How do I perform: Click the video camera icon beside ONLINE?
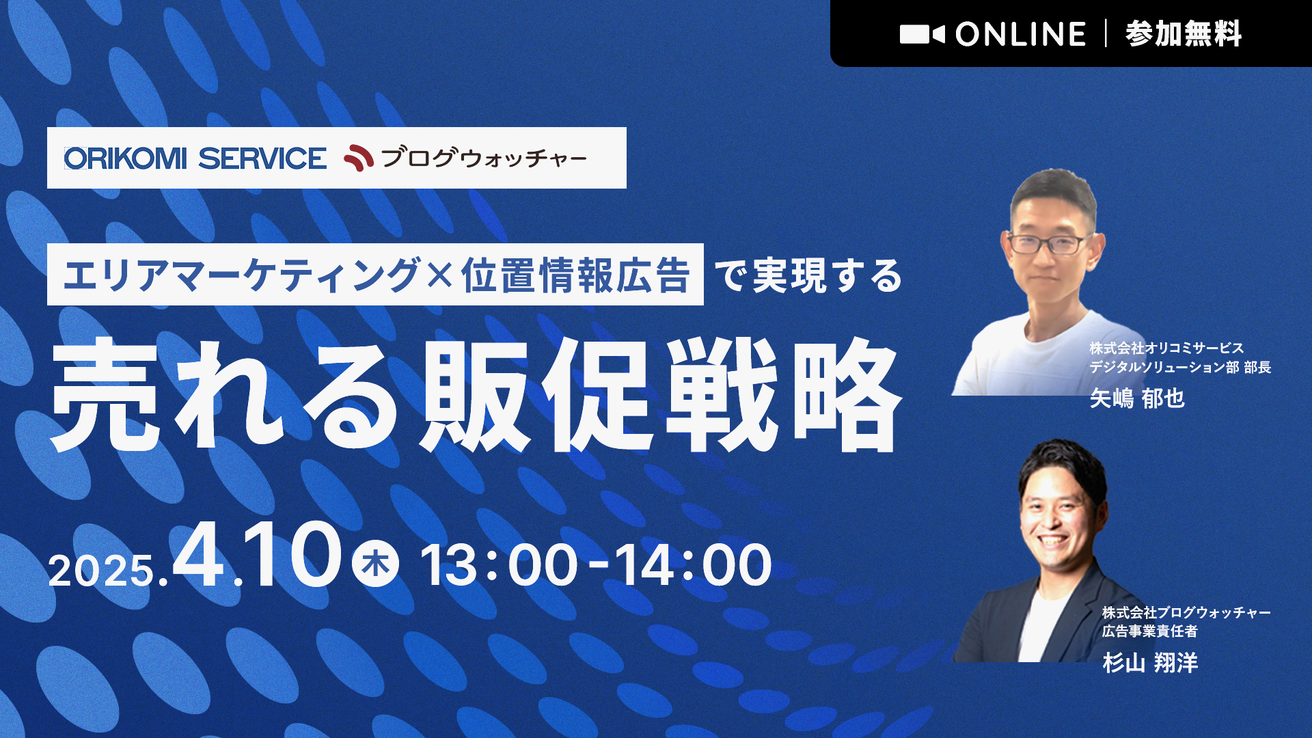pyautogui.click(x=922, y=34)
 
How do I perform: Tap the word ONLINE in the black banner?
pyautogui.click(x=1020, y=34)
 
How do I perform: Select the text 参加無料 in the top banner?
pyautogui.click(x=1183, y=34)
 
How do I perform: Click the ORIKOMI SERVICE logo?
pyautogui.click(x=195, y=159)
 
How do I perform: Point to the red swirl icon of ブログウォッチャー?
pyautogui.click(x=358, y=159)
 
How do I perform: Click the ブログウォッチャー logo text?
pyautogui.click(x=484, y=159)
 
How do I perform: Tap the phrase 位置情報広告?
pyautogui.click(x=575, y=275)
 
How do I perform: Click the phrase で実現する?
pyautogui.click(x=808, y=275)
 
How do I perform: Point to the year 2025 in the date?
pyautogui.click(x=101, y=571)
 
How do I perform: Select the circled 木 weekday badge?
pyautogui.click(x=375, y=564)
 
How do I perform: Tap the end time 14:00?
pyautogui.click(x=693, y=565)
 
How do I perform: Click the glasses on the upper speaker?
pyautogui.click(x=1049, y=243)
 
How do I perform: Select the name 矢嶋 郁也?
pyautogui.click(x=1137, y=398)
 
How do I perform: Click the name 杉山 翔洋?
pyautogui.click(x=1150, y=662)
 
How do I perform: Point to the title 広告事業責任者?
pyautogui.click(x=1149, y=631)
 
